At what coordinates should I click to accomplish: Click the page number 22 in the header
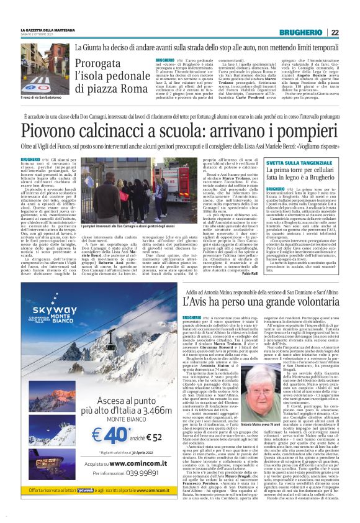click(x=351, y=32)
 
